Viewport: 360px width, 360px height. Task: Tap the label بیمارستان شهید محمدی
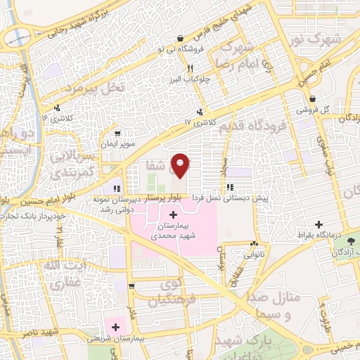point(173,232)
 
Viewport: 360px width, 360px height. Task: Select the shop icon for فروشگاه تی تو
point(182,38)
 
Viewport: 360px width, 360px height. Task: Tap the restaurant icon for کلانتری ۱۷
point(202,111)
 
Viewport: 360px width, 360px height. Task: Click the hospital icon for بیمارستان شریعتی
point(115,326)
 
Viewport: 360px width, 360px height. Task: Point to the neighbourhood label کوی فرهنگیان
point(165,295)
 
